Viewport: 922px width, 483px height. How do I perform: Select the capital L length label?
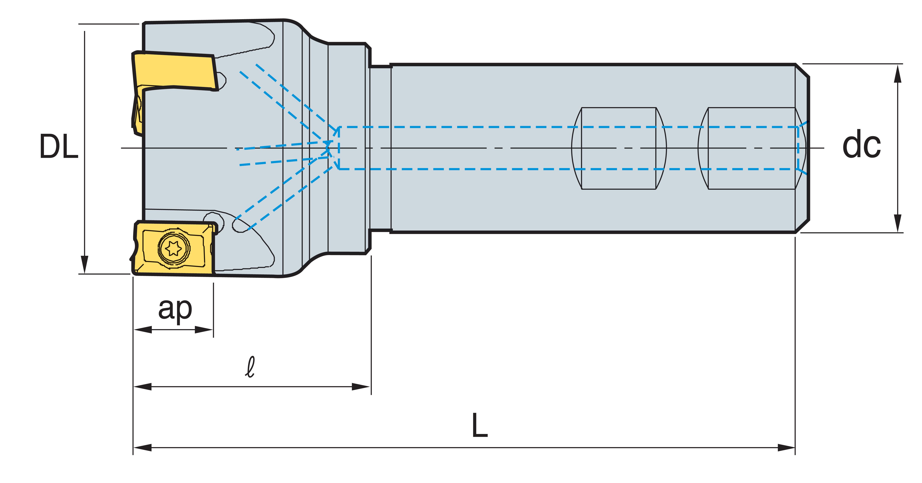tap(480, 425)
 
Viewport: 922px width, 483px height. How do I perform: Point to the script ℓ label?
tap(250, 367)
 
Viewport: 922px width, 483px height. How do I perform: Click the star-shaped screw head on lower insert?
tap(174, 248)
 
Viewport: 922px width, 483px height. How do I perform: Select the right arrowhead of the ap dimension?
tap(204, 329)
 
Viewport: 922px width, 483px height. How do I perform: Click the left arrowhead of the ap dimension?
tap(143, 329)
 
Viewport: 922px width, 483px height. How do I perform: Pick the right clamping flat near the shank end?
tap(752, 148)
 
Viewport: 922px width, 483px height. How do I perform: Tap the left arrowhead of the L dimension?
tap(143, 448)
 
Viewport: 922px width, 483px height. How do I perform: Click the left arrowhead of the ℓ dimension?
tap(143, 387)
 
